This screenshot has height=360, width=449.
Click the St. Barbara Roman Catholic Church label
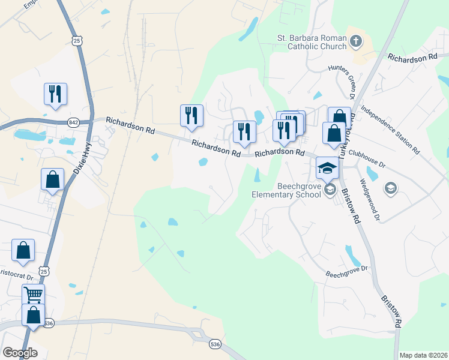coord(312,42)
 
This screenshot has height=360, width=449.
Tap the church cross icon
coord(356,42)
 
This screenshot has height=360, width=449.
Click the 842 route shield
coord(74,122)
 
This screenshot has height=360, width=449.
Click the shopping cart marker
coord(33,295)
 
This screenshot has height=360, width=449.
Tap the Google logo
coord(20,353)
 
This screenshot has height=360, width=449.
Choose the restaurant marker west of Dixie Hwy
coord(55,94)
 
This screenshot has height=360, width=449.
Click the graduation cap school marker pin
coord(327,168)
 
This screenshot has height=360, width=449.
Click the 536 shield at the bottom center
coord(215,344)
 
